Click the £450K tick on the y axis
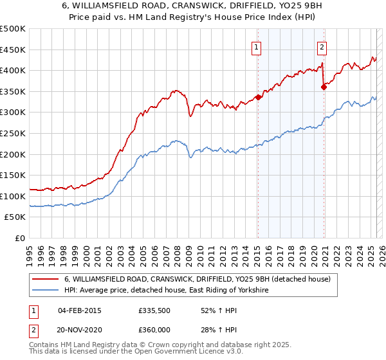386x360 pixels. (x=13, y=50)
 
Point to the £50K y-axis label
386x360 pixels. (x=15, y=217)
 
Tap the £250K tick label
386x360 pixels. (x=13, y=133)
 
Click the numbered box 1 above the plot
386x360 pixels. (x=257, y=46)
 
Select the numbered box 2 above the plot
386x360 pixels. (x=321, y=46)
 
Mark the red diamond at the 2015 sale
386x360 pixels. (x=258, y=97)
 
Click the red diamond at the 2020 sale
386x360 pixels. (x=324, y=87)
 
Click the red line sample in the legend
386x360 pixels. (x=46, y=280)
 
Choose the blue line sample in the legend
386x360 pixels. (x=46, y=291)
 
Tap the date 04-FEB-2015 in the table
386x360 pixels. (x=79, y=310)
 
